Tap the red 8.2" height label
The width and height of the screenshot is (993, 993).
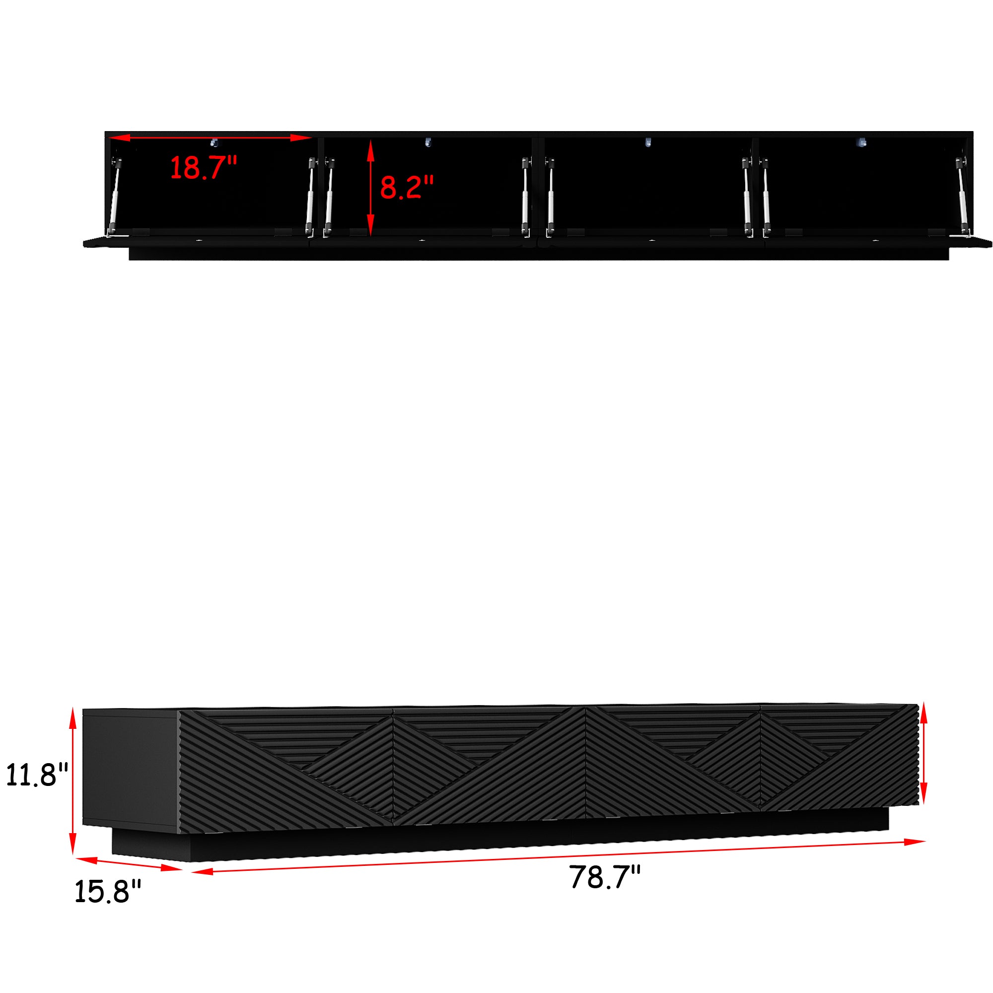[x=407, y=187]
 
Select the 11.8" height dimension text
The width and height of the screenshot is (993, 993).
[x=37, y=775]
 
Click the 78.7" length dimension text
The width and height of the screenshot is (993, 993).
[x=605, y=877]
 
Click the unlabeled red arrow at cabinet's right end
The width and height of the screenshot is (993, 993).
[x=923, y=754]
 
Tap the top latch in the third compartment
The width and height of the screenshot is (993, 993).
[x=648, y=142]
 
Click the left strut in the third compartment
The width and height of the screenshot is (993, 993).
[x=551, y=198]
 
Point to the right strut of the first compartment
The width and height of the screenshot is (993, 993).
[x=310, y=198]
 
